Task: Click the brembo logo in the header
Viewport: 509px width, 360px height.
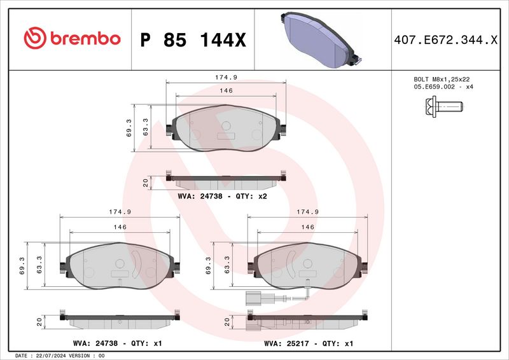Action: click(72, 39)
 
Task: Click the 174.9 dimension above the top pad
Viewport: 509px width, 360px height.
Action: click(226, 77)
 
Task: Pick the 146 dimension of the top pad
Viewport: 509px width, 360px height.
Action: click(226, 91)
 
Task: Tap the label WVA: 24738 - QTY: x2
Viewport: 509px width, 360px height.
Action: click(223, 197)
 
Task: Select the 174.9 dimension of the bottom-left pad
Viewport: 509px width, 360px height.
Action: click(120, 212)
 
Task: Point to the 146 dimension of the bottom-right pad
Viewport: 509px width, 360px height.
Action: click(308, 227)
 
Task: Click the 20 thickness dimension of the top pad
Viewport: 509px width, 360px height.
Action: click(146, 183)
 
